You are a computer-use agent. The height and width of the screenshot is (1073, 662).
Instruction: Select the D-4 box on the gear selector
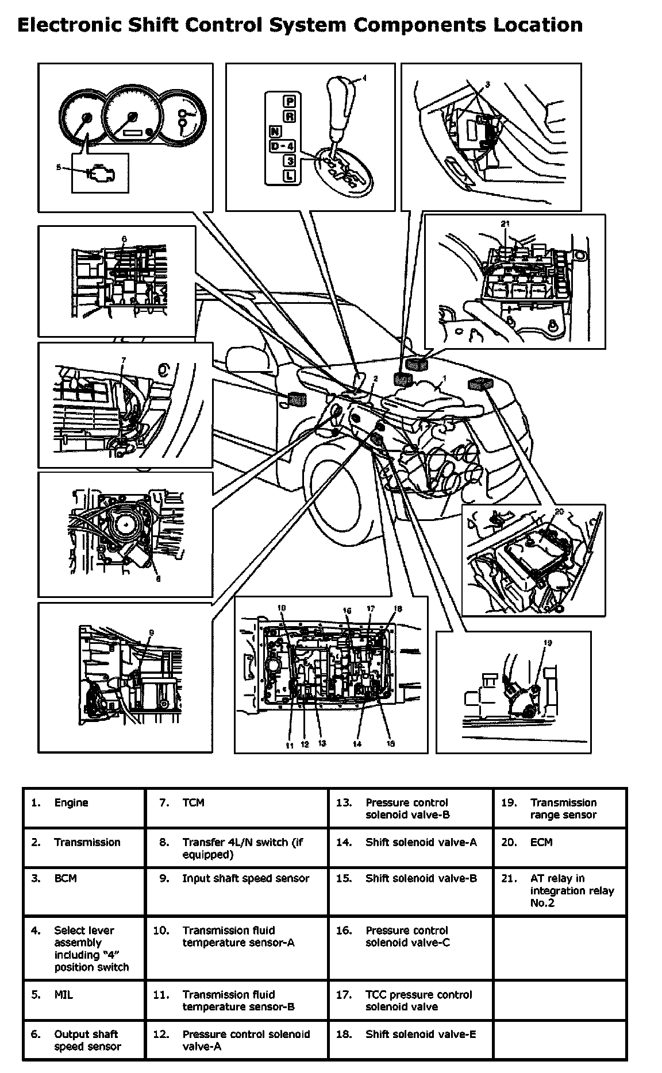282,146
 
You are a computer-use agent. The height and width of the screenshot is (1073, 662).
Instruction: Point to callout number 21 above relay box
505,223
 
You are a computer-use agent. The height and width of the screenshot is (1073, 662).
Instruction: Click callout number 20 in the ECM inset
560,510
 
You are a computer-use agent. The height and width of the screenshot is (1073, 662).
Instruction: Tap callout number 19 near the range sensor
547,643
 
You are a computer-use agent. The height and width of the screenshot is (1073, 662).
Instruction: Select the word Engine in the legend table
71,803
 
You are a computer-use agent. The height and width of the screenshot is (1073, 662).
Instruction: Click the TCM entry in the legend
193,803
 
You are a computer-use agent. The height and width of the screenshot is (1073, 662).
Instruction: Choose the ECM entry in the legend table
541,843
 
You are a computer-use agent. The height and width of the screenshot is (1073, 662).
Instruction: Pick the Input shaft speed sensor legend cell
245,879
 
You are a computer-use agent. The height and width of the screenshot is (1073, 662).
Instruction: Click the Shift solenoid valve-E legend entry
421,1035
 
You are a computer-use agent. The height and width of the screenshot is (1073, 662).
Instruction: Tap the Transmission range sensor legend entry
563,809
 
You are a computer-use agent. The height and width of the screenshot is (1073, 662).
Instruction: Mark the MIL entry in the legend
64,995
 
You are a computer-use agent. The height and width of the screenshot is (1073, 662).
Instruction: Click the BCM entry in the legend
66,879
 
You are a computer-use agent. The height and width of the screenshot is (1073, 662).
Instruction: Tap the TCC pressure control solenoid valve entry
418,1001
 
